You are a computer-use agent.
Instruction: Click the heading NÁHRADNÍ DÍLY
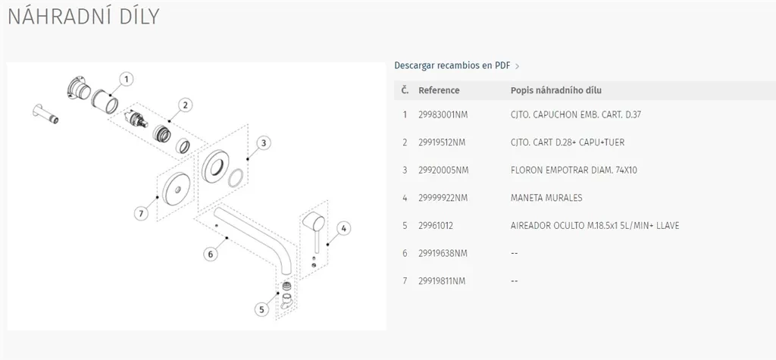click(x=83, y=17)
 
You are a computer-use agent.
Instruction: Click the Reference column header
click(x=439, y=90)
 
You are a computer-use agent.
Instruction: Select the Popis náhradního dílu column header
click(x=556, y=90)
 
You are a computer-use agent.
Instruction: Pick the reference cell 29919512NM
click(x=442, y=142)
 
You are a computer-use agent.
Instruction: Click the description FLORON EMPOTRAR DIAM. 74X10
click(x=574, y=171)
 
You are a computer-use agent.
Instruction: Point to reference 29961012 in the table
click(x=436, y=226)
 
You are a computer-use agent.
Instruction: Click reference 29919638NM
click(x=443, y=253)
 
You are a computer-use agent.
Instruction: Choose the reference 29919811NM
click(x=442, y=281)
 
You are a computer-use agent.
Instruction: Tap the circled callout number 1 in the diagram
click(x=127, y=78)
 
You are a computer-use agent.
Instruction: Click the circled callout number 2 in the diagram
click(x=186, y=105)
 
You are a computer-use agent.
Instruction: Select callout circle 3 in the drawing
click(x=263, y=142)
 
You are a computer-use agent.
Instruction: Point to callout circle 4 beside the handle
click(x=343, y=227)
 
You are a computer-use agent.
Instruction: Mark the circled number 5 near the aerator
click(x=262, y=308)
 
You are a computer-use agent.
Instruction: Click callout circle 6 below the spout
click(x=211, y=254)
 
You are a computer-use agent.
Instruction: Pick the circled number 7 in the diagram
click(x=140, y=214)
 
